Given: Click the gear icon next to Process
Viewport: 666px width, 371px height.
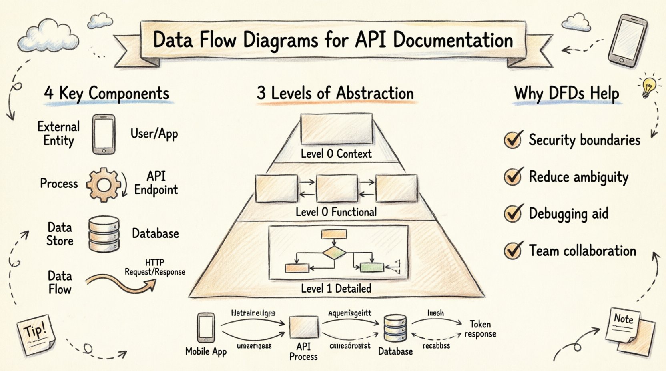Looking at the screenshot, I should point(104,185).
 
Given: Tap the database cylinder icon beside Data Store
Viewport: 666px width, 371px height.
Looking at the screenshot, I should point(104,234).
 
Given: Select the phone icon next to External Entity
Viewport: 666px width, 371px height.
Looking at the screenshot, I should point(104,134).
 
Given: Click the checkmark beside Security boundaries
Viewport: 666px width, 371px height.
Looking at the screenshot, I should point(513,140).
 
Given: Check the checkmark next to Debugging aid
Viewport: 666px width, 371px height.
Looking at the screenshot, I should point(513,213).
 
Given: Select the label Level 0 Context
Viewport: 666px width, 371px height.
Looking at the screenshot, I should point(336,154).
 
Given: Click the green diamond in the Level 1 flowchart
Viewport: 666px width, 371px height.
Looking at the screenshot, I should point(334,253).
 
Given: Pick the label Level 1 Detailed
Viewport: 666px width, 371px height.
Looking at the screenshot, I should point(336,289).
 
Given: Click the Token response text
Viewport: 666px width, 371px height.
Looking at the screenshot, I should point(480,329).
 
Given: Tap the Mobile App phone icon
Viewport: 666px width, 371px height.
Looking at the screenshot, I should point(206,328).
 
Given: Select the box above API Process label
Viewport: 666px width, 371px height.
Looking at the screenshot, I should point(304,327).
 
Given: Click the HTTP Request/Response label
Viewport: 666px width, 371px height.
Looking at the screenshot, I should point(155,267).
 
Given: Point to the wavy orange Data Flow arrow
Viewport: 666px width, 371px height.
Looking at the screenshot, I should point(120,282).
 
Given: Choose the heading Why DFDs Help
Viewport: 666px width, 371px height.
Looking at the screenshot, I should point(566,93).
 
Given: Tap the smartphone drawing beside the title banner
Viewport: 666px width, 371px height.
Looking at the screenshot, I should point(627,40).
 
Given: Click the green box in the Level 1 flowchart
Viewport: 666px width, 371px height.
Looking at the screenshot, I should point(372,267).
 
